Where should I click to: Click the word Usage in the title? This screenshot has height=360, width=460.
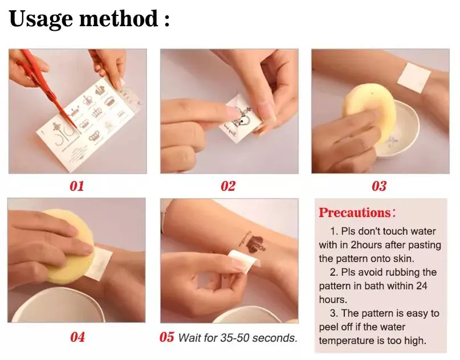coord(40,19)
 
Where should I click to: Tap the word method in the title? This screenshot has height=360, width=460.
coord(119,18)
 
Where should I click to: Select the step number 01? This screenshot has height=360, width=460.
coord(77,186)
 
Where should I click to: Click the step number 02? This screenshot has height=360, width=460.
coord(228,186)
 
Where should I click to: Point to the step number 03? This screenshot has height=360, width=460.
coord(379,186)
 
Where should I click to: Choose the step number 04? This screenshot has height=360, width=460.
coord(78,337)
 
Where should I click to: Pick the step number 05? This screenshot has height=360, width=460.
coord(167,337)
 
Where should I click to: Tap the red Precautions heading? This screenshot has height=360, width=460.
coord(355,212)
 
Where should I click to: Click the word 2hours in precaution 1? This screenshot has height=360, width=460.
coord(367,245)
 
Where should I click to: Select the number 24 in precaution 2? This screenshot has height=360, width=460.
coord(421,286)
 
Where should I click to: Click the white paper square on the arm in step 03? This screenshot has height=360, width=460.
coord(414,77)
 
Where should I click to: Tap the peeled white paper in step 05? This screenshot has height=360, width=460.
coord(243,260)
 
